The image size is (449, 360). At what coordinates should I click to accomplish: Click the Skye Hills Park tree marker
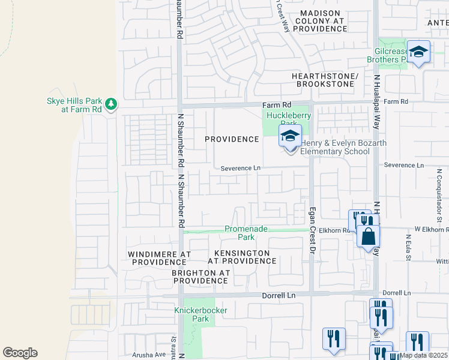pyautogui.click(x=110, y=105)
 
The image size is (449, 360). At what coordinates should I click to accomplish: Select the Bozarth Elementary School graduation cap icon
pyautogui.click(x=290, y=136)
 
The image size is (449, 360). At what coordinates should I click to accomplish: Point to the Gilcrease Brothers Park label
pyautogui.click(x=387, y=55)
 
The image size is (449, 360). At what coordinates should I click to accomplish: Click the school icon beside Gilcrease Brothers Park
pyautogui.click(x=418, y=52)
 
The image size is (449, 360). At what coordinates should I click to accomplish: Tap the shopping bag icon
pyautogui.click(x=368, y=236)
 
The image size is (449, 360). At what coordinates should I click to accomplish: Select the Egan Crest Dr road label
pyautogui.click(x=312, y=232)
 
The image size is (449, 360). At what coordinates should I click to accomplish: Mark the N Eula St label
pyautogui.click(x=407, y=248)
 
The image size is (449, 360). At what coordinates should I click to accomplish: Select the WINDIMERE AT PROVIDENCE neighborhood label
pyautogui.click(x=159, y=258)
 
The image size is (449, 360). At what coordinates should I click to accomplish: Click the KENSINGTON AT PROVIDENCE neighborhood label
pyautogui.click(x=242, y=257)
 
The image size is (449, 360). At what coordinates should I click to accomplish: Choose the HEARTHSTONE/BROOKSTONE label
pyautogui.click(x=325, y=80)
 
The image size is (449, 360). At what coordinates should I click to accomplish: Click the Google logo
pyautogui.click(x=20, y=353)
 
